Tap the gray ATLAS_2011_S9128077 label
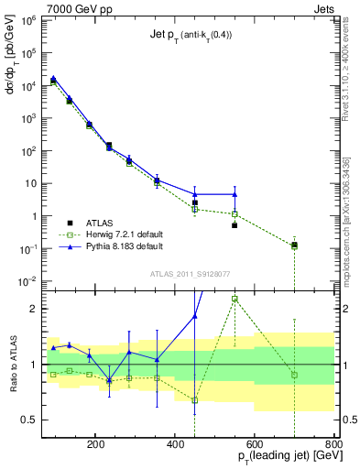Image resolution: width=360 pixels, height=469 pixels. (x=191, y=274)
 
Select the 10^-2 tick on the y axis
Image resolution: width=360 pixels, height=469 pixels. (x=29, y=281)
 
